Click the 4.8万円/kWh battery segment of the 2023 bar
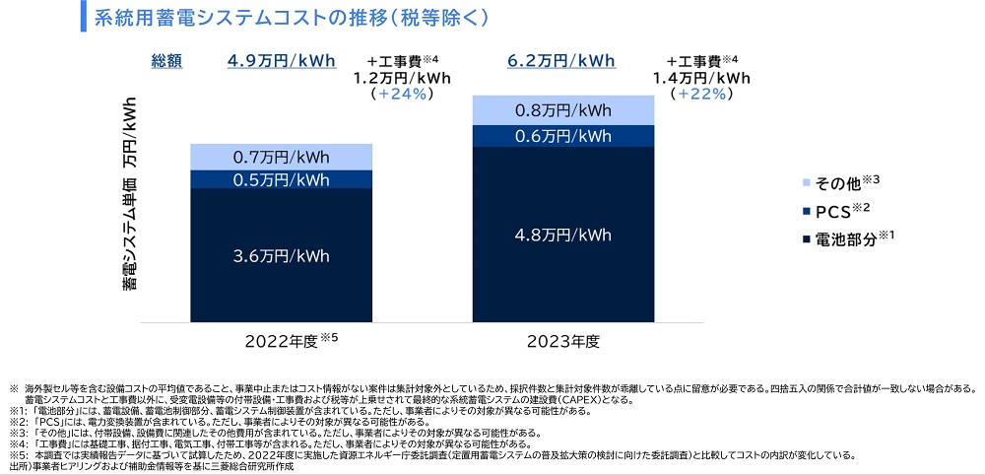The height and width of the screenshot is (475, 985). [564, 236]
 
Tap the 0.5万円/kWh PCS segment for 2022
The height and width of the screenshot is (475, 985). [282, 179]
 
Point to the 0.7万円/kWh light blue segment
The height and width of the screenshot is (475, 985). [282, 157]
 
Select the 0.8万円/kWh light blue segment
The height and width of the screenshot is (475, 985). [564, 110]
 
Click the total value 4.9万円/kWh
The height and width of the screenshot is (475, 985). [281, 61]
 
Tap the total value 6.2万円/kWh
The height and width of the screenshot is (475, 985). [560, 61]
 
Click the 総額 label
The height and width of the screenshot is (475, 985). [167, 61]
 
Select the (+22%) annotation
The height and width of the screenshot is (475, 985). [701, 95]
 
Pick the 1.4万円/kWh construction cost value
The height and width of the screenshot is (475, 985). [701, 78]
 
